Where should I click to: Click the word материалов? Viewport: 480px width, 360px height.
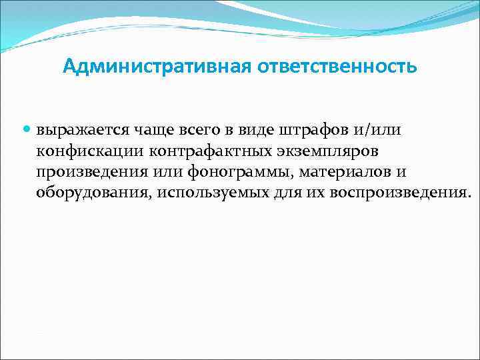coord(345,172)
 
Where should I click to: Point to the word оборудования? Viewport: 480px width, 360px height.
coord(92,194)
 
